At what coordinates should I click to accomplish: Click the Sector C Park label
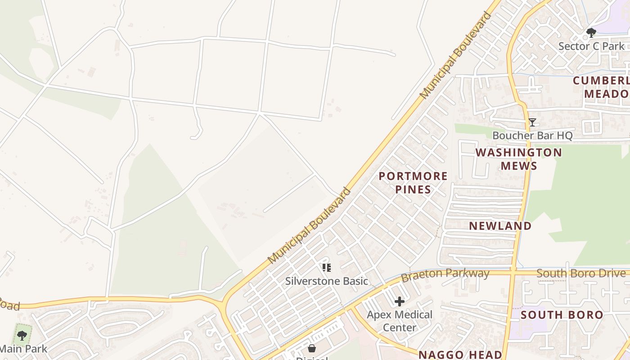click(x=591, y=46)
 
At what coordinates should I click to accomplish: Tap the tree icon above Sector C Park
click(x=591, y=32)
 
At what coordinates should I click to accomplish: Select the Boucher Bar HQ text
click(x=532, y=135)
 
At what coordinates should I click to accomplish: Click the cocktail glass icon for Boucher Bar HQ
click(x=532, y=122)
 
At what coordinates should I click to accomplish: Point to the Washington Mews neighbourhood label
click(x=519, y=159)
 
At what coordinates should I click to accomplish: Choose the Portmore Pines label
click(x=413, y=182)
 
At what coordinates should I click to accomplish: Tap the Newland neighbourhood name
click(x=500, y=226)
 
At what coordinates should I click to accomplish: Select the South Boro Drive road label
click(x=581, y=273)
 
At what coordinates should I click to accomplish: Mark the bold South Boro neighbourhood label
click(x=562, y=315)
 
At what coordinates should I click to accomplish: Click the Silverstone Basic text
click(x=327, y=281)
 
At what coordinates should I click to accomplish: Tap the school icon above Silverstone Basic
click(x=327, y=268)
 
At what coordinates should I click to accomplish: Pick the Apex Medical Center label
click(x=400, y=321)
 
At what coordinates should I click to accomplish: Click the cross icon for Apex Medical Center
click(x=400, y=301)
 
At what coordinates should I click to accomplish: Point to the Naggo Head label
click(x=460, y=355)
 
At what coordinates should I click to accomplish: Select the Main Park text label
click(x=23, y=348)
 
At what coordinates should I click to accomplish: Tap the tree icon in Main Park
click(x=22, y=335)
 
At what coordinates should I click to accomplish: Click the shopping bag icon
click(x=312, y=348)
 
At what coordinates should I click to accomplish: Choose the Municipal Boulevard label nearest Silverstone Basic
click(x=309, y=225)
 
